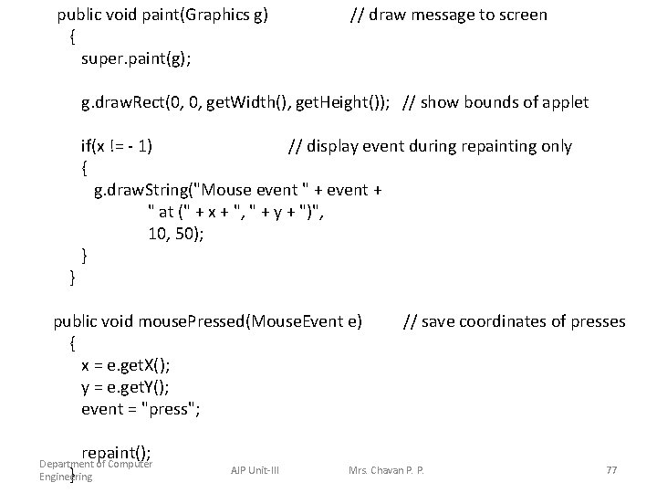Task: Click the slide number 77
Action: coord(611,470)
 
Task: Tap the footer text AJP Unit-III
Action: coord(255,470)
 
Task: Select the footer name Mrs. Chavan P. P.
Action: coord(387,470)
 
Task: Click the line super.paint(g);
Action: coord(136,58)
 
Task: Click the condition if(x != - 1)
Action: coord(117,146)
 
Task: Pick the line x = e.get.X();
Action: coord(125,365)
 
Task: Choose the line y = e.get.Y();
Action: coord(125,387)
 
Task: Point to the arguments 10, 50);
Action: coord(176,234)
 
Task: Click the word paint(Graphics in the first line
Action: coord(182,15)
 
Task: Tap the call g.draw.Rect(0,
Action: coord(138,102)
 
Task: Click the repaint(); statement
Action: coord(117,453)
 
